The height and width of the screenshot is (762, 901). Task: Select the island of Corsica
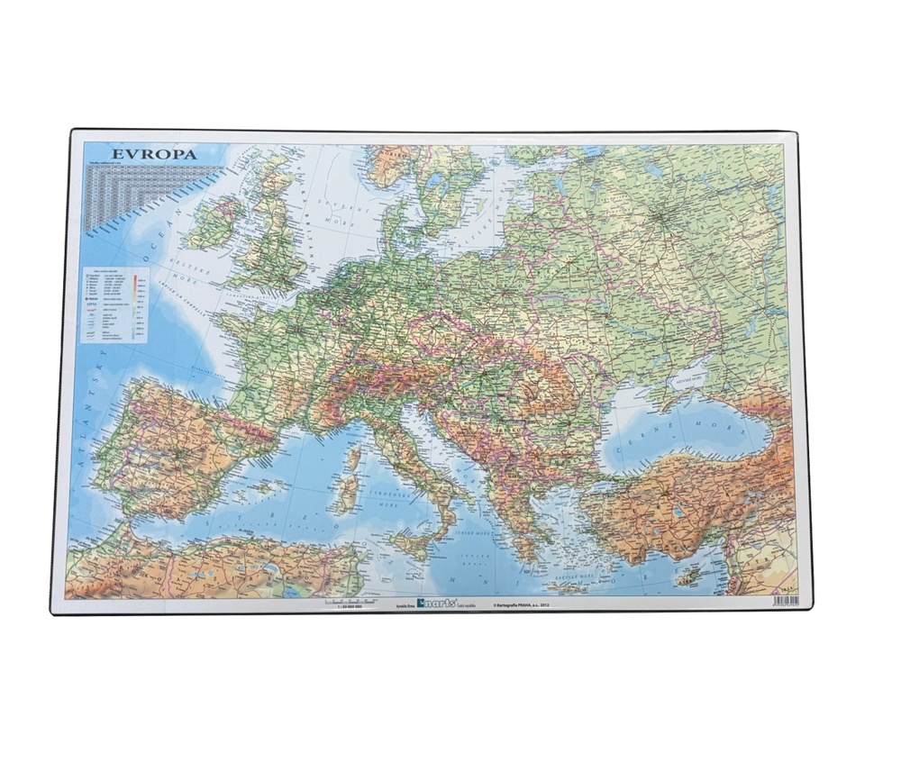click(x=353, y=458)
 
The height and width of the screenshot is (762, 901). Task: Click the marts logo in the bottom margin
click(x=439, y=605)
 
